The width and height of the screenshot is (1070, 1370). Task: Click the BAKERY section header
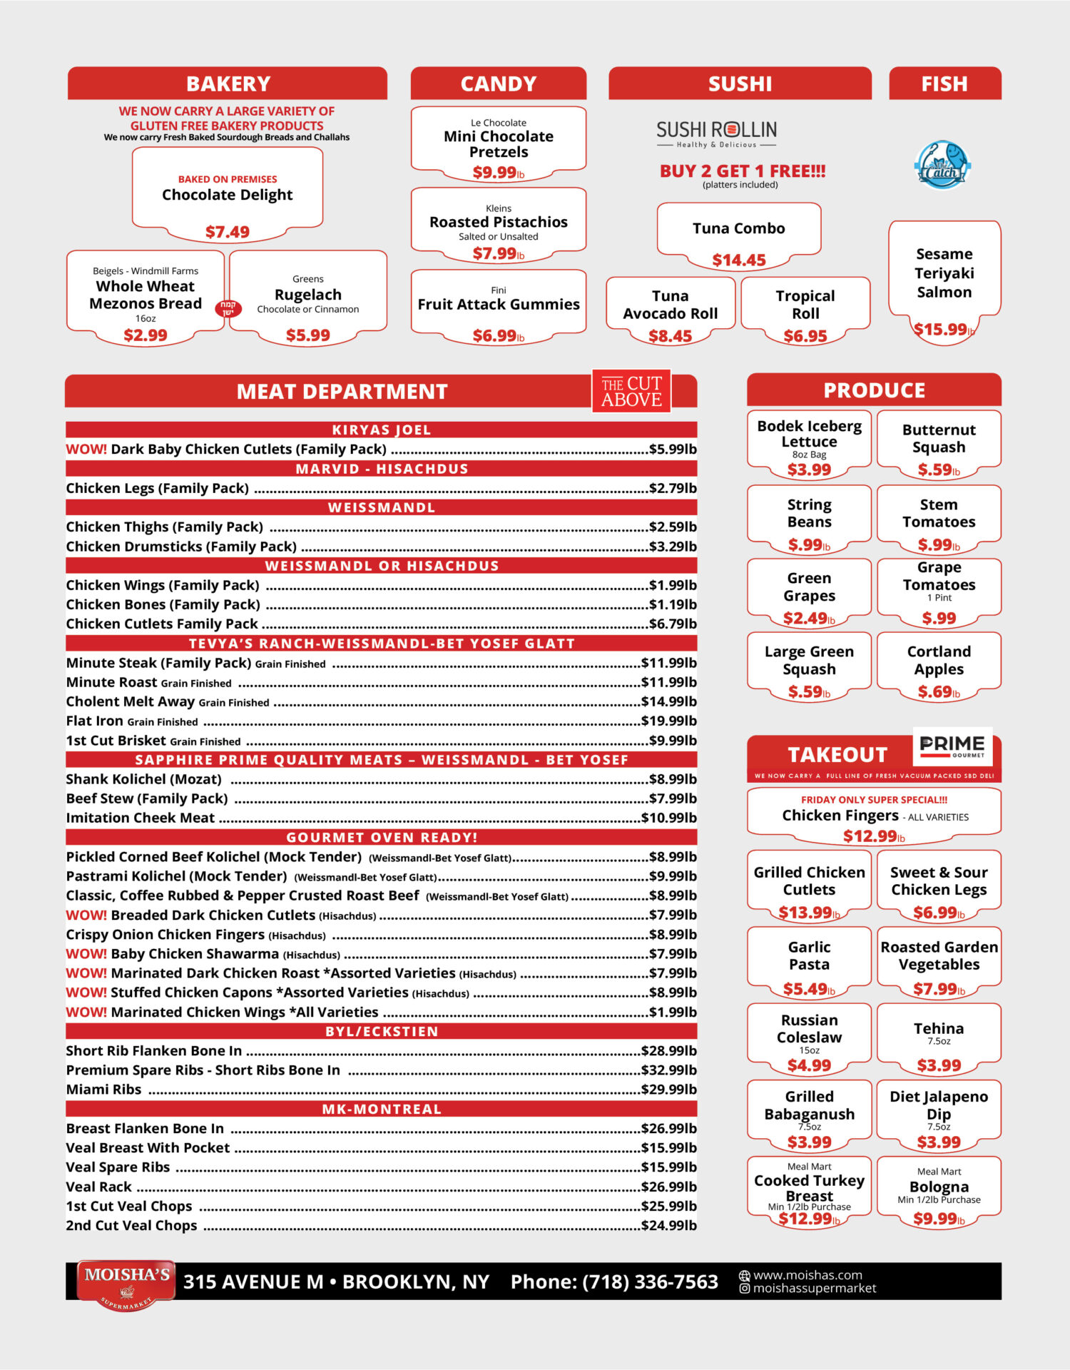click(x=228, y=84)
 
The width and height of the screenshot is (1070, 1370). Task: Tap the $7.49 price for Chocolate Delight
click(x=228, y=232)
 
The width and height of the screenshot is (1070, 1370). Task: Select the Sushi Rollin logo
click(x=716, y=133)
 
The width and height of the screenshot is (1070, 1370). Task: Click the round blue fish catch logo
click(x=942, y=166)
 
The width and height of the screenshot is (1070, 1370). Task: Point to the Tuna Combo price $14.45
click(x=738, y=260)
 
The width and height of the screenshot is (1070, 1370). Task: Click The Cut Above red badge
click(x=631, y=392)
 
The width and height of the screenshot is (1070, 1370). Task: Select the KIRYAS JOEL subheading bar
click(x=381, y=430)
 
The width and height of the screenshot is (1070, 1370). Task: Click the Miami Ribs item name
click(x=103, y=1090)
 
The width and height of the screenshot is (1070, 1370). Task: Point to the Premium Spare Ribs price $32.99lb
click(x=668, y=1070)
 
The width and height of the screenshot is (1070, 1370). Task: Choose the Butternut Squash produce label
click(x=939, y=438)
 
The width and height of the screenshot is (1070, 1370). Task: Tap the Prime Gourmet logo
click(x=952, y=746)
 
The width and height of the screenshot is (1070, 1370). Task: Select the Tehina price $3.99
click(x=939, y=1065)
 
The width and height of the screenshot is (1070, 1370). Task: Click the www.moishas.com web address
click(x=807, y=1275)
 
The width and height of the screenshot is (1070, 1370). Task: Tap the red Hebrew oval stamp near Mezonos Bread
click(x=228, y=308)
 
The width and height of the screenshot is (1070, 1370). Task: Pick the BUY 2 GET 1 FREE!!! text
click(x=742, y=171)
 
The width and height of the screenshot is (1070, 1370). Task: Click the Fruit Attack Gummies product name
click(x=499, y=305)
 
